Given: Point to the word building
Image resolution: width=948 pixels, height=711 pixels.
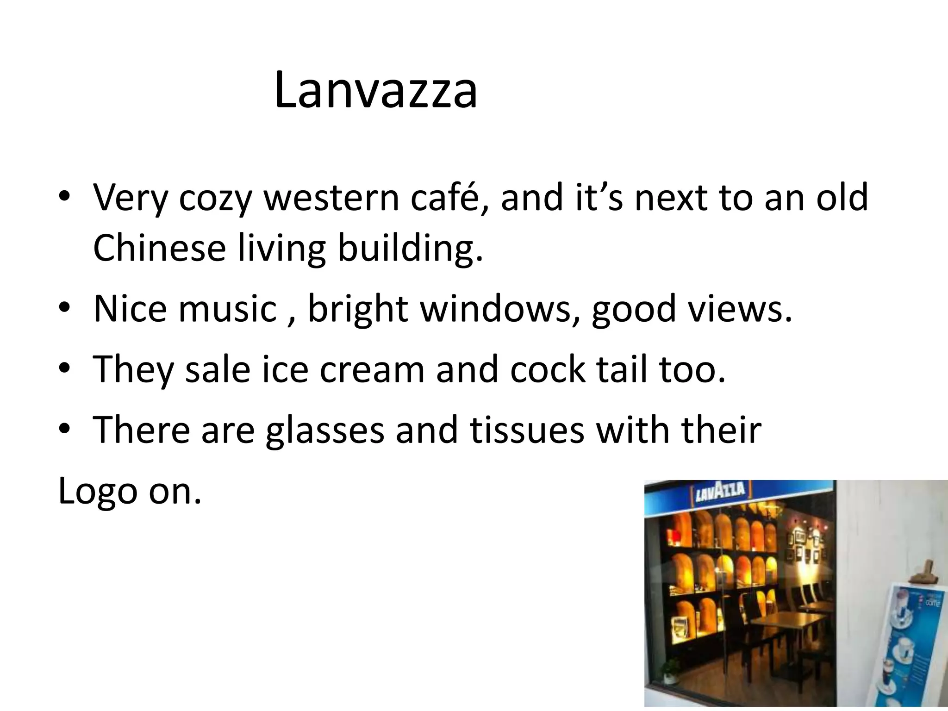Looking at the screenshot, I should tap(410, 249).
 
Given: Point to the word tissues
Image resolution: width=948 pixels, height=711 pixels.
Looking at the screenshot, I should tap(527, 430).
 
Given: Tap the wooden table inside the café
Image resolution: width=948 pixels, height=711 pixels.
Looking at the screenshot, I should tap(787, 620).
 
